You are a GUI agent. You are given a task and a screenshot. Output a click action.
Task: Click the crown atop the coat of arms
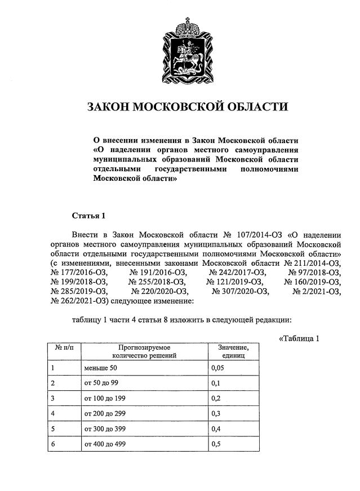pos(186,24)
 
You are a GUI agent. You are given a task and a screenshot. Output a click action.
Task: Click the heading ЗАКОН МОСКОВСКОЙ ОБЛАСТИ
pos(186,107)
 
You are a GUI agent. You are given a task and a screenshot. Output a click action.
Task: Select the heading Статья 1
pos(89,216)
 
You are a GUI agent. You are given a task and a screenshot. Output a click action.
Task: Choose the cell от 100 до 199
pos(106,398)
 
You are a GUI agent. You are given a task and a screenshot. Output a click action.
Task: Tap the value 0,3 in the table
pos(215,413)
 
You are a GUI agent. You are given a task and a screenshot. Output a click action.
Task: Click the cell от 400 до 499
pos(106,444)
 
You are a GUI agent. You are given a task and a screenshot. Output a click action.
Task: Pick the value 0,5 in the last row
pos(215,444)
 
